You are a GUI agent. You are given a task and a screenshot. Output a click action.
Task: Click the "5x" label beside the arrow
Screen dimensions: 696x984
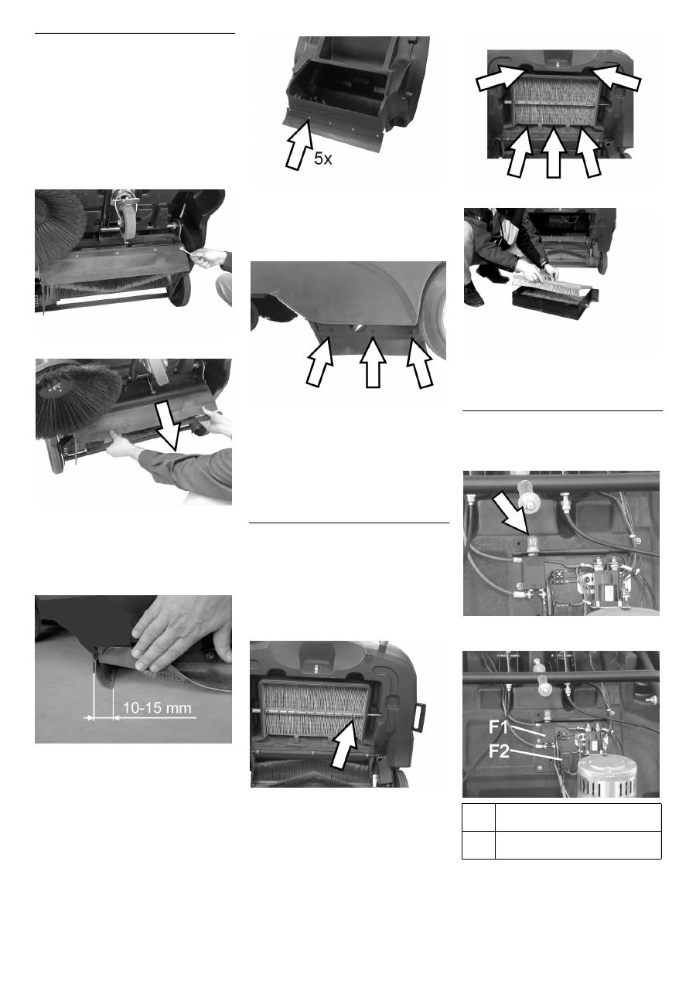coord(323,158)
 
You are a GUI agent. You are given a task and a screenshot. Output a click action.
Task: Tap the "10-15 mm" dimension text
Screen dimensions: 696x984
coord(157,708)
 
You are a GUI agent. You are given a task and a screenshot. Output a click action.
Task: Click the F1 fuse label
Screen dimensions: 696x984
coord(498,727)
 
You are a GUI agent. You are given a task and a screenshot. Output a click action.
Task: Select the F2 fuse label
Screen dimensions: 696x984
coord(499,751)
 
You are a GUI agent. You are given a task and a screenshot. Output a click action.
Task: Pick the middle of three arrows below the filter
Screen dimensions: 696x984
coord(553,152)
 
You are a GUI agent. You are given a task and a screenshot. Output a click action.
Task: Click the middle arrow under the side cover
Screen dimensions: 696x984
coord(373,362)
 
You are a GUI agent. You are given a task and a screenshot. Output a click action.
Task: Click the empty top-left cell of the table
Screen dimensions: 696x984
coord(479,818)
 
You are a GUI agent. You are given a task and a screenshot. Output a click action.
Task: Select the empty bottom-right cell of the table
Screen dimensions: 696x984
coord(578,845)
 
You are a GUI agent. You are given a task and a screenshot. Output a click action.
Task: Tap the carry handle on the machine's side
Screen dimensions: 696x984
coord(420,716)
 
